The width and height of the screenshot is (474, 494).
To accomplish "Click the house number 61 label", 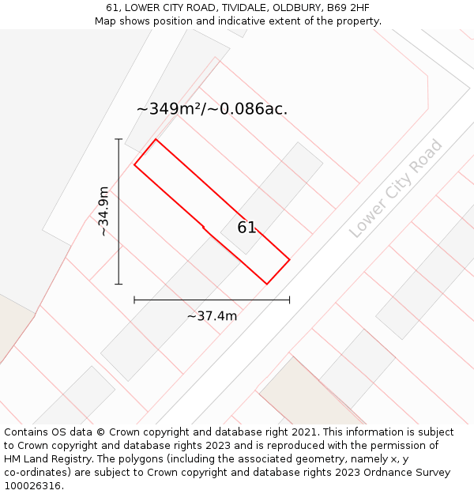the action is (x=246, y=228).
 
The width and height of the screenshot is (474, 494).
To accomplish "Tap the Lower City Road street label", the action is (x=397, y=188).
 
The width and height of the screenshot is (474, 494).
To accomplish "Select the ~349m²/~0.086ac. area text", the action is (x=212, y=109).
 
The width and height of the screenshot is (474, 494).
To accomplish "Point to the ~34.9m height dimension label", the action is (x=103, y=211).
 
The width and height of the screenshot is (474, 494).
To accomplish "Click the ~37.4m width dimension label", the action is (x=212, y=316).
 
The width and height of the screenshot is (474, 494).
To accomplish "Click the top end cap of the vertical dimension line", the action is (x=119, y=139).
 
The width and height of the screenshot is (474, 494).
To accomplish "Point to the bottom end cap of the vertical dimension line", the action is (x=119, y=284).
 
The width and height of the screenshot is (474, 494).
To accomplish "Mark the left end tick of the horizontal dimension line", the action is (x=134, y=300).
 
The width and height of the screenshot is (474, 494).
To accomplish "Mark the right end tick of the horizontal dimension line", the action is (x=289, y=300).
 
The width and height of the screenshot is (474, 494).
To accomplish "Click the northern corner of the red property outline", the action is (x=156, y=139).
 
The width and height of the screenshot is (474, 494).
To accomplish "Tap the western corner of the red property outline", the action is (x=134, y=165).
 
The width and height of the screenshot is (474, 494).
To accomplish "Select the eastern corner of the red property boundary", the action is (x=289, y=259).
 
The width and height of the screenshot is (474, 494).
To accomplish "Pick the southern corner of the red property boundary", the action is (x=266, y=284).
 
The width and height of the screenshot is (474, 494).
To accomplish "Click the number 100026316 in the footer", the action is (x=32, y=486).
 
